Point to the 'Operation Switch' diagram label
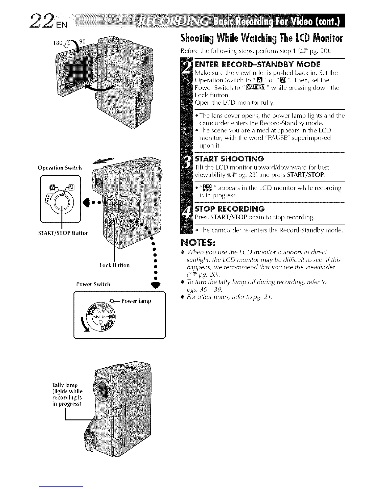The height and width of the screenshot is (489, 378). tap(60, 168)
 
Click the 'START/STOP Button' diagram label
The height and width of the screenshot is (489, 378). tap(63, 233)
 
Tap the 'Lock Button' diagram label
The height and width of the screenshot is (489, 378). tap(115, 265)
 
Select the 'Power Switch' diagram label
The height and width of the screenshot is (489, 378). tap(93, 284)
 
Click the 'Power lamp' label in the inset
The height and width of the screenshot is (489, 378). tap(136, 301)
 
